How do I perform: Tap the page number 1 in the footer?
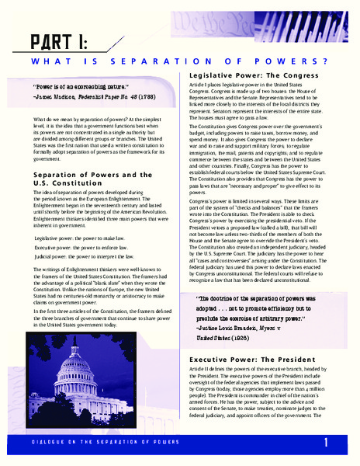[327, 442]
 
